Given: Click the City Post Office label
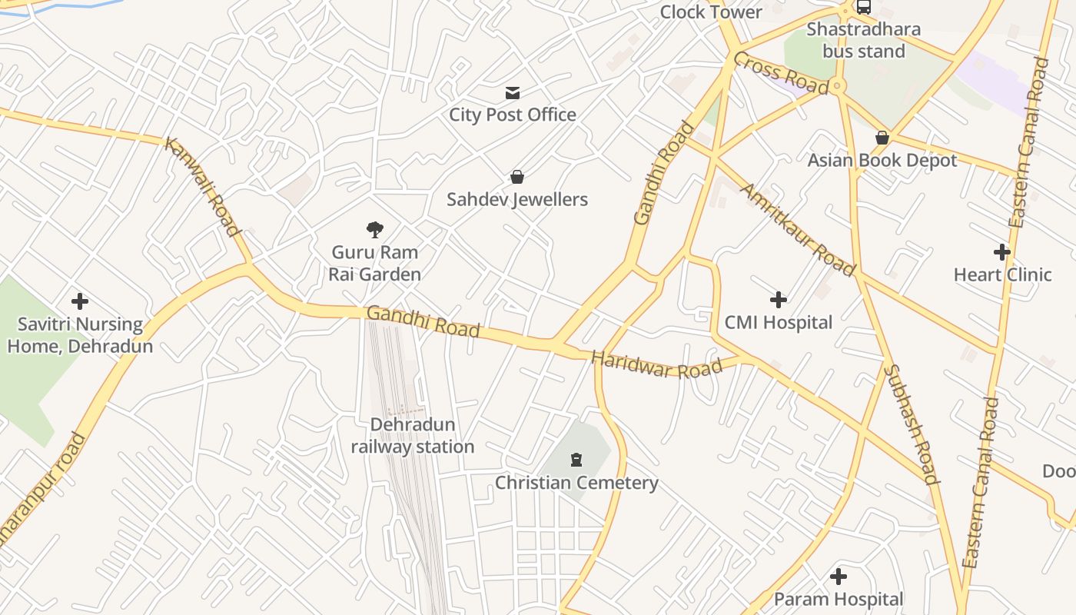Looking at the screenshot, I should (x=513, y=115).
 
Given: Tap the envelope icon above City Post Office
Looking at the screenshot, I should (x=513, y=93).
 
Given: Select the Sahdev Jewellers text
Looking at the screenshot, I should (x=517, y=200).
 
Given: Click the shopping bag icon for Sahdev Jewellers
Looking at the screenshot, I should (x=517, y=177).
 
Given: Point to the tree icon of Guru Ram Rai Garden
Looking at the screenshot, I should (x=375, y=229).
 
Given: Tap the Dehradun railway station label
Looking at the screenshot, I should (x=413, y=436).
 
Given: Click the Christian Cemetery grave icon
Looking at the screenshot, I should (x=576, y=460).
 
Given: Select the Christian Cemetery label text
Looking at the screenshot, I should (x=576, y=483).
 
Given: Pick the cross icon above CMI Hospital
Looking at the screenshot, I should (x=779, y=299).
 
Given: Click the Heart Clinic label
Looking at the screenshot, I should (x=1002, y=274).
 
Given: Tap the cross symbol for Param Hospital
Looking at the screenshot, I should (x=839, y=576).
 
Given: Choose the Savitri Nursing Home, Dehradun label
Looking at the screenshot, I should (x=80, y=335).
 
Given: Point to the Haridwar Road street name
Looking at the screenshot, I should (x=656, y=365).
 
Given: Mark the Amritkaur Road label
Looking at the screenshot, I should (x=797, y=229).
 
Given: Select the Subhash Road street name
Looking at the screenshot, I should (x=912, y=424).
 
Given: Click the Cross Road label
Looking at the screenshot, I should (x=780, y=73).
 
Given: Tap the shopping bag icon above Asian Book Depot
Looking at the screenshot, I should (x=882, y=138).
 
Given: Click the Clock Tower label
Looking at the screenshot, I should (x=711, y=12).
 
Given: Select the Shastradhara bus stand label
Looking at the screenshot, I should (x=864, y=40).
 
